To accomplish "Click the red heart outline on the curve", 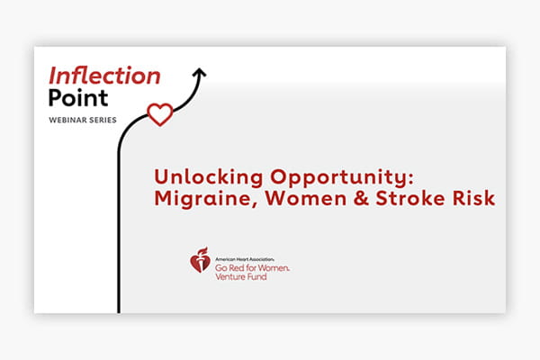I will pyautogui.click(x=159, y=113).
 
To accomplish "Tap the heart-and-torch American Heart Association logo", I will pyautogui.click(x=200, y=259).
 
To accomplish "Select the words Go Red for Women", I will pyautogui.click(x=253, y=267).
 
